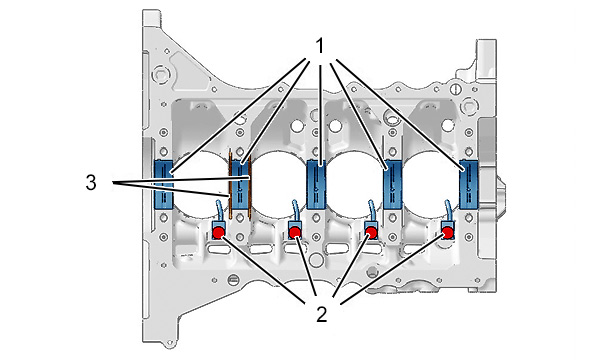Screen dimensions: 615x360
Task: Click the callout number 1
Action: tap(321, 46)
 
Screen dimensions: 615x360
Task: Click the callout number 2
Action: tap(322, 314)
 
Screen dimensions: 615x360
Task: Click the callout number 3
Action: tap(91, 182)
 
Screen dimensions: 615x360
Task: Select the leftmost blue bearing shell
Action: tap(163, 184)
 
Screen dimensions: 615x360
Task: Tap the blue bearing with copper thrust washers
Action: tap(240, 184)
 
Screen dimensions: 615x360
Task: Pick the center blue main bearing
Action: tap(316, 184)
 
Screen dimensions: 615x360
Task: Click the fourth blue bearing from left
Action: tap(393, 184)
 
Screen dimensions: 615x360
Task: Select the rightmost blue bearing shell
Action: tap(469, 184)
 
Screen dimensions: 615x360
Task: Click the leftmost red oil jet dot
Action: tap(218, 233)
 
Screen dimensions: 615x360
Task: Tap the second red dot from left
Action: tap(295, 233)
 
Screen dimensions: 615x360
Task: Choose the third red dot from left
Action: tap(371, 233)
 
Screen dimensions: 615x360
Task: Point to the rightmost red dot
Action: tap(448, 233)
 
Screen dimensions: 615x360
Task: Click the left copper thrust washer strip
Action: tap(231, 184)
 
